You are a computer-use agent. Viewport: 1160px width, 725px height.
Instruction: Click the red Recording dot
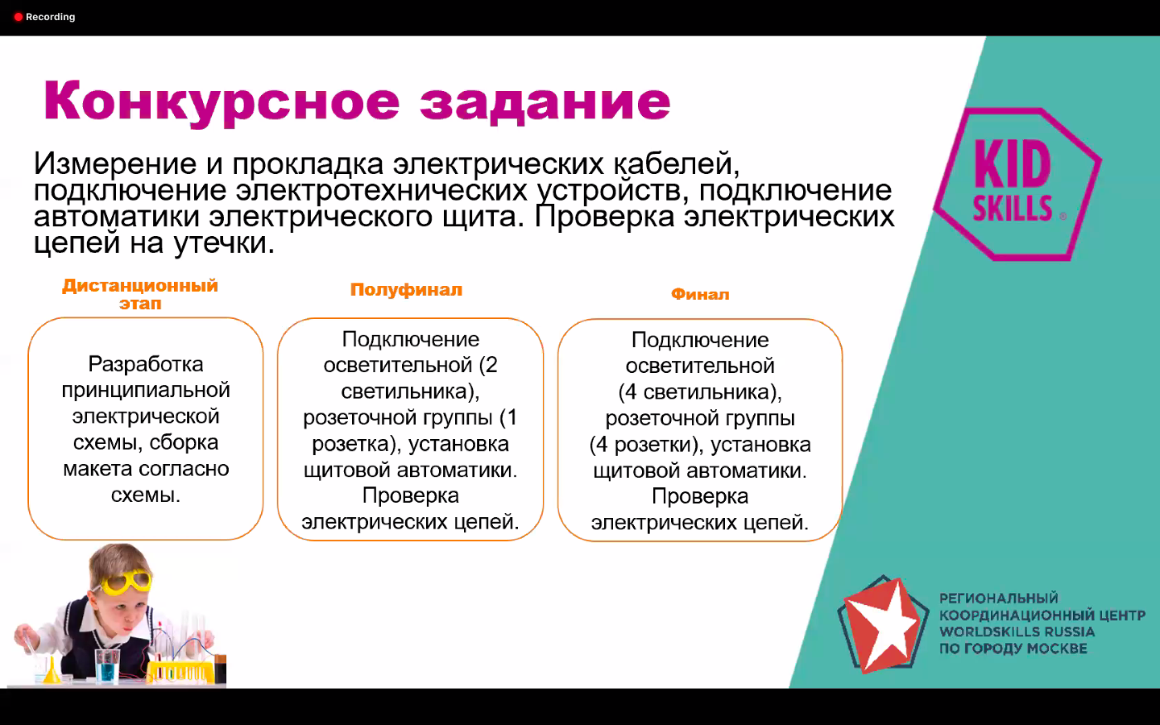pos(18,17)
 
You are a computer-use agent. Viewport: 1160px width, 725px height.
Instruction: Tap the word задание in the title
pos(545,103)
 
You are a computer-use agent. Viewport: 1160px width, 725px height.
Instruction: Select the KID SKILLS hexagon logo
pos(1017,184)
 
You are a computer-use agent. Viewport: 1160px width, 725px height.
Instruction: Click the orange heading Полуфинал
pos(406,289)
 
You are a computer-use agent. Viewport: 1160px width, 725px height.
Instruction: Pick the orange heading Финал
pos(700,294)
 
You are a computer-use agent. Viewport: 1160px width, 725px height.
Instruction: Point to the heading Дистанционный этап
pos(140,294)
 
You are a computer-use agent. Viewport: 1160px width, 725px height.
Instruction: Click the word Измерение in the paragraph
pos(115,164)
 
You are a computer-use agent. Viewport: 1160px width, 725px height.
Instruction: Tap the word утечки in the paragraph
pos(224,243)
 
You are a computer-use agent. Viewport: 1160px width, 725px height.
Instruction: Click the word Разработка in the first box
pos(146,364)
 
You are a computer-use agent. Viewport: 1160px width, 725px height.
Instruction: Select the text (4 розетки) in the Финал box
pos(643,445)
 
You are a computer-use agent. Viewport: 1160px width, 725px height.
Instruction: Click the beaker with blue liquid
pos(107,665)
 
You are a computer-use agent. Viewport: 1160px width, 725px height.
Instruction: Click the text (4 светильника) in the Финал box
pos(700,392)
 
